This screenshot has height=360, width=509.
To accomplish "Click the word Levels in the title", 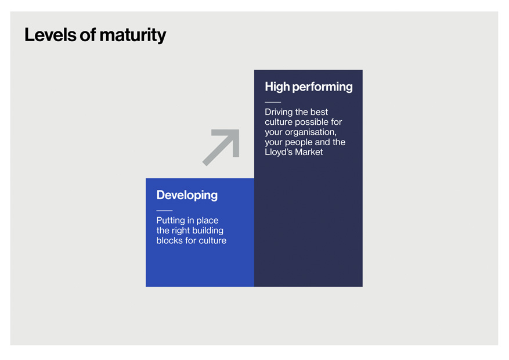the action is [x=50, y=35].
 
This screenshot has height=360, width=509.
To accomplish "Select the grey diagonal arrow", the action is [x=221, y=147].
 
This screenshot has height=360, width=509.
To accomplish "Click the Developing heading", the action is [x=187, y=196].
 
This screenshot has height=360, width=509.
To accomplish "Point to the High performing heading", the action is [x=309, y=87].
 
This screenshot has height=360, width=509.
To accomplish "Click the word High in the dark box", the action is [x=277, y=87].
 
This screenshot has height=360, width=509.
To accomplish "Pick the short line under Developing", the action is [x=165, y=211].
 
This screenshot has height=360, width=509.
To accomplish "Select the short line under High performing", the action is [x=273, y=102].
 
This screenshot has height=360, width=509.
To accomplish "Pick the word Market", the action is [x=309, y=152].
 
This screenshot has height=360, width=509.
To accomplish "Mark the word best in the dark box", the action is [x=319, y=112].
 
